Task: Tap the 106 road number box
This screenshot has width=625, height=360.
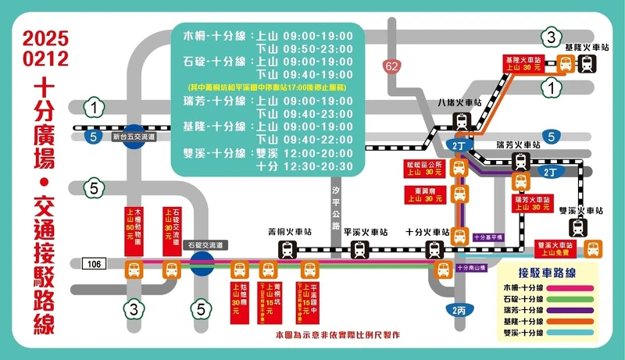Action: (x=94, y=264)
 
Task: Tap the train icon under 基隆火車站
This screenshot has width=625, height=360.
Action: (x=585, y=65)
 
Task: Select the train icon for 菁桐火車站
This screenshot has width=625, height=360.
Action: (x=288, y=250)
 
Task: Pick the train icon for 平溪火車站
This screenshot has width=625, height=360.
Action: (x=359, y=250)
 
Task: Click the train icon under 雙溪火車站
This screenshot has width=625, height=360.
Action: (x=577, y=227)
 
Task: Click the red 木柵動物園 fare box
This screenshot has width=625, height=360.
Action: (x=134, y=226)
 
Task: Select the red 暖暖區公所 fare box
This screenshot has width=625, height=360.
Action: (x=425, y=168)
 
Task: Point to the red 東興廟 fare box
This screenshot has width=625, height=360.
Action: (x=425, y=195)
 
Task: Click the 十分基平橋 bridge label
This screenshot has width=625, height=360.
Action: (x=488, y=237)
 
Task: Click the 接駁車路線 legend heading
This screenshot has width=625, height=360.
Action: (x=546, y=273)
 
